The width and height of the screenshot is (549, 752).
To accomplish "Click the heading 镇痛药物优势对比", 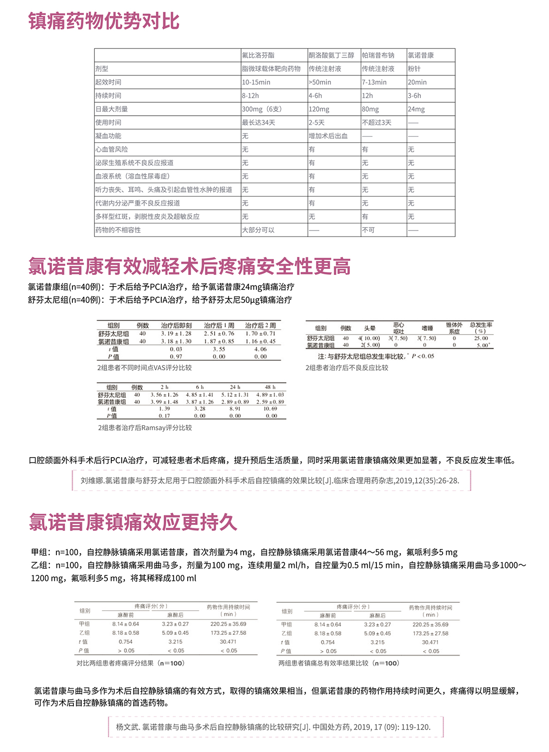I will coord(104,21).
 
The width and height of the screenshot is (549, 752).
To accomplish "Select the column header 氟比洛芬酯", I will coord(258,55).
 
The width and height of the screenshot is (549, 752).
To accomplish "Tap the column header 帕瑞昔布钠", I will coord(378,55).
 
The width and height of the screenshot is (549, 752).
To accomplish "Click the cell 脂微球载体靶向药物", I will coord(271,69).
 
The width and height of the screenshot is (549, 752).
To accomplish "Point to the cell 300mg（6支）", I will coord(262,109).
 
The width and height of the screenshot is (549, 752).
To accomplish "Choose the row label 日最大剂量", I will coord(112,109).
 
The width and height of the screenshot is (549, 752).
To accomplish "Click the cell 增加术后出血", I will coord(328,136).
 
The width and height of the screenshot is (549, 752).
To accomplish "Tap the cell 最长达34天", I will coord(259,123).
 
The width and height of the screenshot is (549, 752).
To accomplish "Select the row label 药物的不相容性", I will coord(118,230).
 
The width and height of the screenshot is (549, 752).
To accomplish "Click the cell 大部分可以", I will coord(258,230).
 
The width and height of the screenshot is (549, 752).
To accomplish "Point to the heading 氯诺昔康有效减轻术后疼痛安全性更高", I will coord(189,266).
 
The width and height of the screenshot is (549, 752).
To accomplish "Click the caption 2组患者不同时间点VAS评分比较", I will coord(144,368).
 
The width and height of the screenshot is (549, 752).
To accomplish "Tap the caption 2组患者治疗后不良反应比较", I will coord(347,368).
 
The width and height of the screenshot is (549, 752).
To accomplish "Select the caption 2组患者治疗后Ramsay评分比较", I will coord(145,428).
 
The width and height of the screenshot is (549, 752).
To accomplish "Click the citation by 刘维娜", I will coord(270,481).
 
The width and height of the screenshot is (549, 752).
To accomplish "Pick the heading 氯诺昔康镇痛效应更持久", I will coord(133,522).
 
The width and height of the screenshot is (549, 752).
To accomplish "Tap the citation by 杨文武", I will coord(274,727).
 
